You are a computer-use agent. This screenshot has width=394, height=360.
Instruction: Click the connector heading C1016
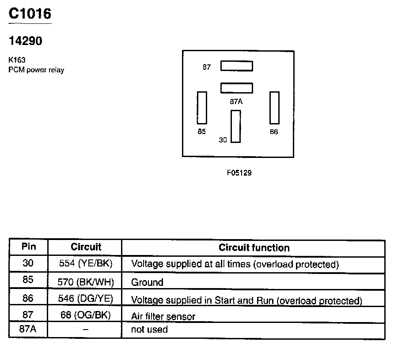point(30,14)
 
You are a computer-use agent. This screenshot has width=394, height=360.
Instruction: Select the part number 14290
point(26,41)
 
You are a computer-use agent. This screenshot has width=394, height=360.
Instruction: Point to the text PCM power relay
point(36,70)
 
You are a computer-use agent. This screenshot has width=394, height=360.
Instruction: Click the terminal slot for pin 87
point(237,66)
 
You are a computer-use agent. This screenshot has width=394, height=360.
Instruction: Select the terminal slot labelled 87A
point(237,88)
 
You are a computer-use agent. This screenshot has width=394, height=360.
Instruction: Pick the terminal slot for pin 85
point(202,108)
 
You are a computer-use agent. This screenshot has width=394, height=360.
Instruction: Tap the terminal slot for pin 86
point(274,108)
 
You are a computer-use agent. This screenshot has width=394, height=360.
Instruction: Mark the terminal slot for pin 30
point(235,126)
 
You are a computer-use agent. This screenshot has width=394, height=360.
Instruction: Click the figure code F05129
point(239,173)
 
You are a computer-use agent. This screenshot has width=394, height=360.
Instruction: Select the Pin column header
point(28,247)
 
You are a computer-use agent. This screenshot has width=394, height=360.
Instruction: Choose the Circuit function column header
point(254,247)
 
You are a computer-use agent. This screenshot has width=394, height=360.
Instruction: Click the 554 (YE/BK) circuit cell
point(86,264)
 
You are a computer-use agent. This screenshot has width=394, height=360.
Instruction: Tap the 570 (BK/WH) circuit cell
point(86,282)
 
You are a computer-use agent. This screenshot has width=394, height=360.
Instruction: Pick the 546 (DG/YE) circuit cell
point(86,299)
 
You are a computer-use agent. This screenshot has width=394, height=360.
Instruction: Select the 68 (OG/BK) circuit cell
point(86,316)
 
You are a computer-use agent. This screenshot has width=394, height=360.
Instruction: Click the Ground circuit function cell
point(148,282)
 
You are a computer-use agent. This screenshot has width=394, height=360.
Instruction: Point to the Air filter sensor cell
point(163,316)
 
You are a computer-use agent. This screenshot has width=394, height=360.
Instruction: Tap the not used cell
point(149,330)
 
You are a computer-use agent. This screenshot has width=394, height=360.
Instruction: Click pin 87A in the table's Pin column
point(28,330)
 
